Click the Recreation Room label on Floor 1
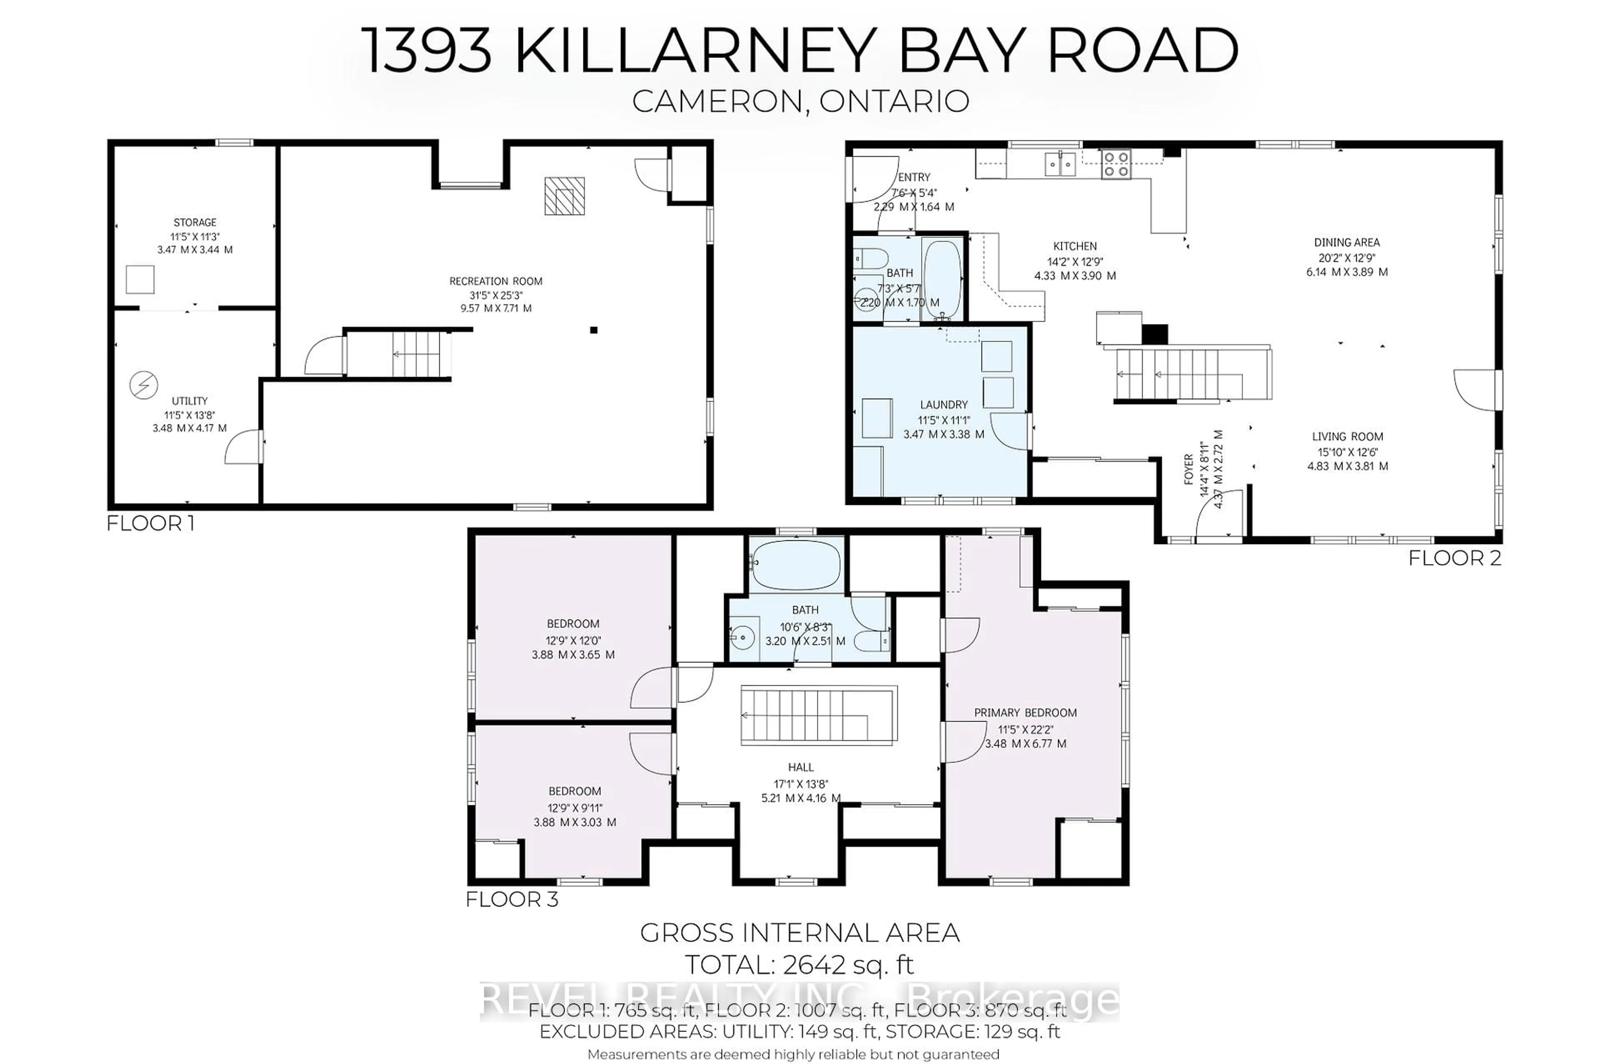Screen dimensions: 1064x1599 (496, 281)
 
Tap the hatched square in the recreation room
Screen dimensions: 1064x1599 (564, 196)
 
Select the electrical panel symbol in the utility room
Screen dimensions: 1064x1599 (143, 385)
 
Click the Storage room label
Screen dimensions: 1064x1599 (194, 222)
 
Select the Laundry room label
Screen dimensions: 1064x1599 (943, 405)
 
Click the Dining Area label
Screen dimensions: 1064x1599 (1346, 242)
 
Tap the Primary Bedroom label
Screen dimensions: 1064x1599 (1025, 712)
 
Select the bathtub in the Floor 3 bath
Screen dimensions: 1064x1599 (796, 565)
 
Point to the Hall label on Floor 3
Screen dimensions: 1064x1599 (800, 767)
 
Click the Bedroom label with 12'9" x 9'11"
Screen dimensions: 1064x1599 (574, 791)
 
